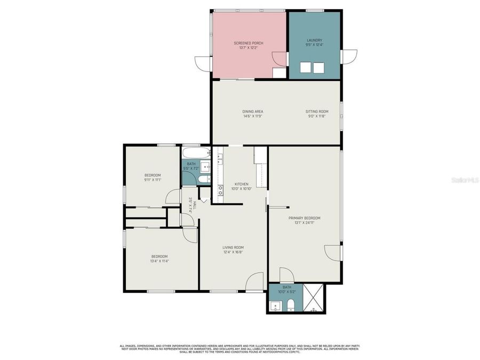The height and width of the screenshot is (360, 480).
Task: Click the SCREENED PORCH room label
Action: (249, 43)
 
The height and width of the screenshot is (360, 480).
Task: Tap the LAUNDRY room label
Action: (314, 40)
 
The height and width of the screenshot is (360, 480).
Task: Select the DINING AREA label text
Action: (253, 111)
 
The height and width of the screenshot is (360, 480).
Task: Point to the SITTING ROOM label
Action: (317, 111)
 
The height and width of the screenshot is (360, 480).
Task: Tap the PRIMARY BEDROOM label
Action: (305, 218)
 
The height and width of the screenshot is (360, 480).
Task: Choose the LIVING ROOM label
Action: (233, 247)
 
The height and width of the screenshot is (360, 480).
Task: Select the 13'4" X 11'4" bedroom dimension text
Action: (159, 261)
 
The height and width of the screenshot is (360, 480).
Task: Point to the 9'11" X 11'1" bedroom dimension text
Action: (153, 180)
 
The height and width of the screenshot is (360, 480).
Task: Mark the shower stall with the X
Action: (314, 299)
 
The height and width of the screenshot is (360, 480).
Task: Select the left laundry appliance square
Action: (306, 68)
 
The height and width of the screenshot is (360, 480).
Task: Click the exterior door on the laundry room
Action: (349, 59)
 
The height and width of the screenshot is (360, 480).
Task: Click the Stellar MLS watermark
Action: (465, 180)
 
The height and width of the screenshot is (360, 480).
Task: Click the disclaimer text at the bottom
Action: (240, 348)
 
